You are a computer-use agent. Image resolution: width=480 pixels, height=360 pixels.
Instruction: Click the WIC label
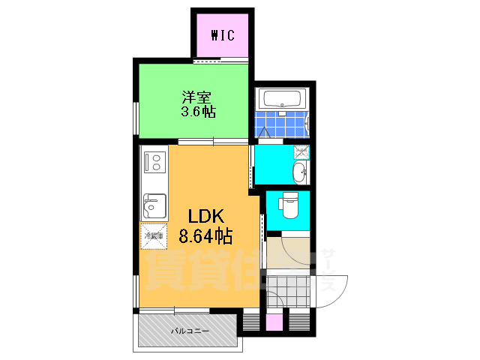(223, 34)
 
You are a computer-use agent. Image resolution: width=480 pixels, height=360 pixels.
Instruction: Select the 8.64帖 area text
(205, 236)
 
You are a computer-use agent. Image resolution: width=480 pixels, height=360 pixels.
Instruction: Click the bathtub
(281, 98)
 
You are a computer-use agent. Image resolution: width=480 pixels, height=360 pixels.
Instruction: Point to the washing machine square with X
(301, 151)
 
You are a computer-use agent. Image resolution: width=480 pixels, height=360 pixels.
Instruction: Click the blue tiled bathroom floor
(281, 121)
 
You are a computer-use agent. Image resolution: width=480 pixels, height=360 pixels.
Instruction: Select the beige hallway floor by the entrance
(289, 250)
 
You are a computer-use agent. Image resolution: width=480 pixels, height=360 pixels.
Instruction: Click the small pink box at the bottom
(275, 322)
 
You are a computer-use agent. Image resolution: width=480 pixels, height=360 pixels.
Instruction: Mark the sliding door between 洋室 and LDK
(213, 141)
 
